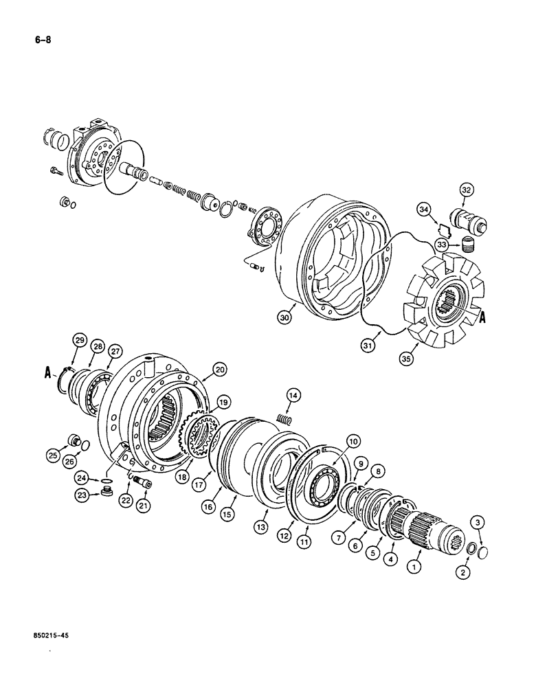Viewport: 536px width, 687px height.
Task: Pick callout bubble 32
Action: pyautogui.click(x=467, y=189)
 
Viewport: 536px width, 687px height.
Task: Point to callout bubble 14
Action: pyautogui.click(x=293, y=395)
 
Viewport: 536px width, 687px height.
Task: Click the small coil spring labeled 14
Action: pyautogui.click(x=284, y=418)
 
